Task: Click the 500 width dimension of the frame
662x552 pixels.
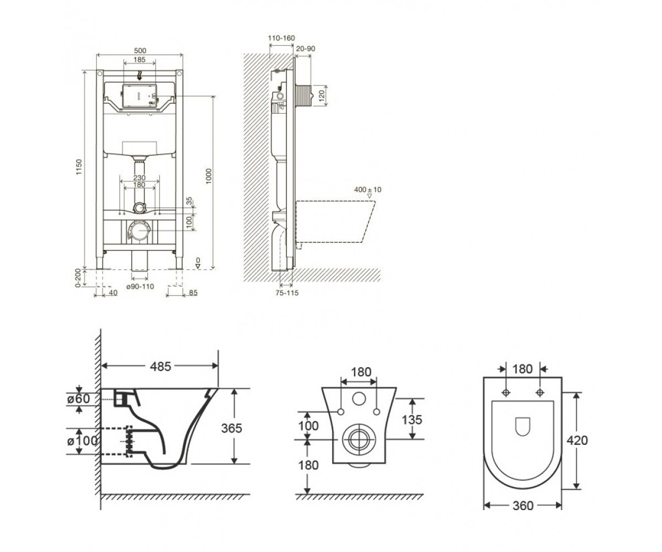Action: [x=140, y=50]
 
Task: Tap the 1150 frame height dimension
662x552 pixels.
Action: [x=79, y=167]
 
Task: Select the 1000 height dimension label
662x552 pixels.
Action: [x=209, y=177]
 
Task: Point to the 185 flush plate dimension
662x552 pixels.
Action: [x=140, y=59]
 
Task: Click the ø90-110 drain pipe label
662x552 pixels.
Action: [x=140, y=286]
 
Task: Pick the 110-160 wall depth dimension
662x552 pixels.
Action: [x=281, y=38]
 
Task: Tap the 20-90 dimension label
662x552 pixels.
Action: [x=306, y=49]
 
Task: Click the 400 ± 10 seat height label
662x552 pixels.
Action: [x=368, y=190]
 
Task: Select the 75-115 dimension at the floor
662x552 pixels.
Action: [x=287, y=293]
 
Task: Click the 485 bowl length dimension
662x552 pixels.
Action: [x=161, y=367]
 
